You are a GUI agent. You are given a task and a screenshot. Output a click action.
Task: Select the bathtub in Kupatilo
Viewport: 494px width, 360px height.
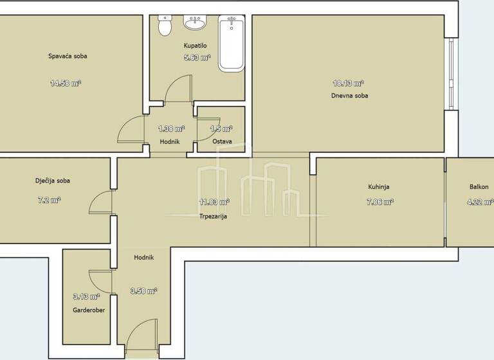point(232,43)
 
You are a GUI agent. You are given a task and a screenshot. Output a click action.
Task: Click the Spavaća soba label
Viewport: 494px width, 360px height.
point(68,57)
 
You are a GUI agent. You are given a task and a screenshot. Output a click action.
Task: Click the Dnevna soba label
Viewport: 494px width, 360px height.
point(350,96)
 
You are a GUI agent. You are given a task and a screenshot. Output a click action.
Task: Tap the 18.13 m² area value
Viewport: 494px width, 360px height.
point(349,83)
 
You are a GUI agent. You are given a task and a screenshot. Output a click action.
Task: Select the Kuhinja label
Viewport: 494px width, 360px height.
point(379,187)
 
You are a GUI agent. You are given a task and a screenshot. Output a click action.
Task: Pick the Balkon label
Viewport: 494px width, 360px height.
point(479,187)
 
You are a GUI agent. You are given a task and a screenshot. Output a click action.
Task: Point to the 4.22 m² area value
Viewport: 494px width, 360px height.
point(480,201)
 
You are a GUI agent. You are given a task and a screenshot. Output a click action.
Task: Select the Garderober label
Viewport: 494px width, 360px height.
point(89,310)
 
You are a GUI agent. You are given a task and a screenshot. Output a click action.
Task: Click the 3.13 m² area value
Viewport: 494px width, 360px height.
point(86,296)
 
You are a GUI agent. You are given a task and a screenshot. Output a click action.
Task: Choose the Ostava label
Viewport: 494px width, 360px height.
point(221,141)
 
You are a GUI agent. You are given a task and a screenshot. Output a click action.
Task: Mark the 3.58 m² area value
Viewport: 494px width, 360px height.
point(144,291)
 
